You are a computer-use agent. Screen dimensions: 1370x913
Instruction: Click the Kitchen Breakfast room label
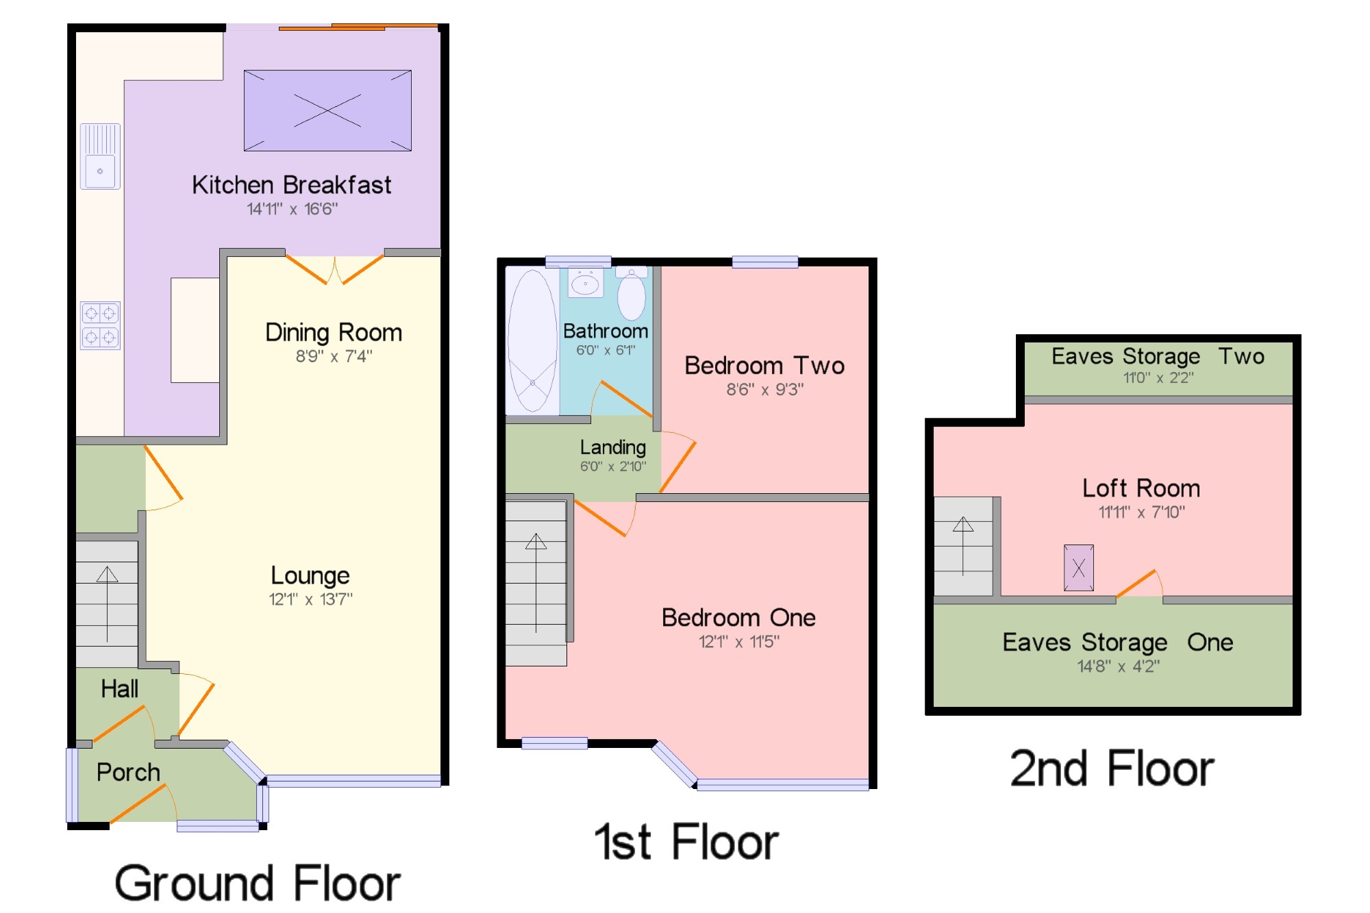(x=291, y=185)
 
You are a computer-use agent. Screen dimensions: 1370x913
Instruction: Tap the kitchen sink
(x=100, y=156)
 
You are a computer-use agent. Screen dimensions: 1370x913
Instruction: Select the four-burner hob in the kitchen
(x=100, y=325)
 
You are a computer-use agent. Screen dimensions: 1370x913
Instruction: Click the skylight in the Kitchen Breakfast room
(x=327, y=110)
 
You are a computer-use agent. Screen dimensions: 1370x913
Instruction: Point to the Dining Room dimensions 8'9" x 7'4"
(x=334, y=356)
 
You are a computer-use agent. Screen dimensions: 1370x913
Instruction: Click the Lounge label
(x=310, y=575)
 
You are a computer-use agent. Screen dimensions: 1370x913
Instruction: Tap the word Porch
(x=128, y=772)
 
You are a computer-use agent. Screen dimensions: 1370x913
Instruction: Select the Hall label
(x=119, y=688)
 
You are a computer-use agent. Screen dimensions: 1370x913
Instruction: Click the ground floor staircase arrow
(x=107, y=604)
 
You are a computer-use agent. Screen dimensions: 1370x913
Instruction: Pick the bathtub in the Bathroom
(x=532, y=340)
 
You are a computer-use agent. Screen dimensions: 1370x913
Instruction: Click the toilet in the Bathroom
(x=631, y=294)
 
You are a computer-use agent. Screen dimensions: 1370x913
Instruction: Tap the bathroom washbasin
(x=586, y=282)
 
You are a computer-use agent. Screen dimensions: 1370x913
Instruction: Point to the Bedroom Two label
(x=764, y=365)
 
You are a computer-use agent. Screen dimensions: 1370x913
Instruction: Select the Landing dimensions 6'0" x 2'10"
(x=613, y=466)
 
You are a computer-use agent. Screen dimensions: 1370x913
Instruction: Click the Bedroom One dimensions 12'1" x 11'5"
(x=739, y=642)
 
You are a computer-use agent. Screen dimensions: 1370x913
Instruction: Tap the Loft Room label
(x=1141, y=488)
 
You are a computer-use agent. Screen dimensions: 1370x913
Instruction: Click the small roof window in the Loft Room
(x=1079, y=568)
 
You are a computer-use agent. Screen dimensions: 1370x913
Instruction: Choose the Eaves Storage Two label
(x=1158, y=356)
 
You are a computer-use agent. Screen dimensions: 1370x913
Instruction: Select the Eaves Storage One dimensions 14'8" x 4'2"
(x=1119, y=666)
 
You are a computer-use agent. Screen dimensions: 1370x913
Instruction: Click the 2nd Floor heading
(x=1112, y=768)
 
